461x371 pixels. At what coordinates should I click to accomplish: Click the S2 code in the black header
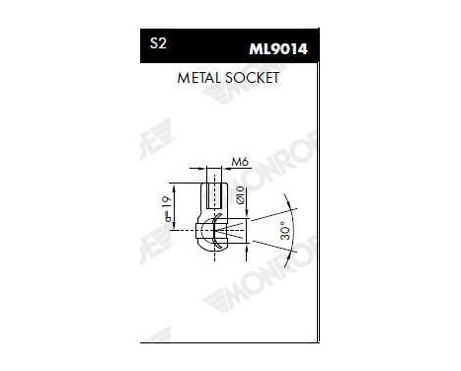coord(157,44)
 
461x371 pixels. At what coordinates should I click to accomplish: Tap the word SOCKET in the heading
coord(254,77)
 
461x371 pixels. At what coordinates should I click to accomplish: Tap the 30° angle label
coord(283,232)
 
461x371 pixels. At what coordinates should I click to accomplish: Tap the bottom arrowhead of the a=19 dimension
coord(175,228)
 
